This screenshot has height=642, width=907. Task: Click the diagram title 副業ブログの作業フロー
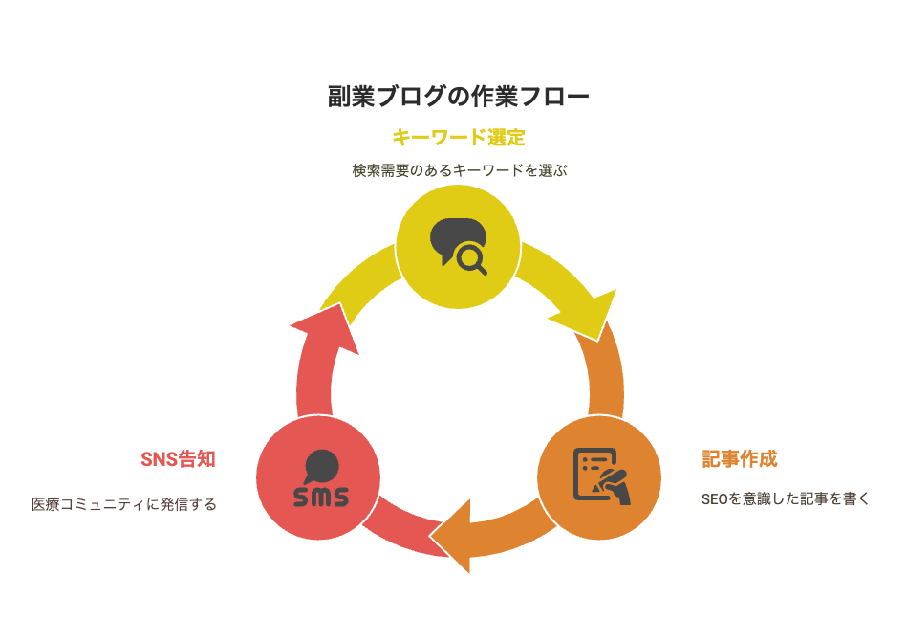click(458, 96)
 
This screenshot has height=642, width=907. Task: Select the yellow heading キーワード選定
click(459, 138)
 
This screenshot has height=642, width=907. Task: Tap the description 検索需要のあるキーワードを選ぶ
click(460, 170)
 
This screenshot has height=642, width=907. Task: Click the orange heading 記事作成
click(739, 459)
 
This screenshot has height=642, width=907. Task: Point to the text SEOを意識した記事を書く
click(785, 498)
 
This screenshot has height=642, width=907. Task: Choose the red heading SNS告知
click(178, 459)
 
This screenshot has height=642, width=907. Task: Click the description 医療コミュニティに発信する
click(124, 504)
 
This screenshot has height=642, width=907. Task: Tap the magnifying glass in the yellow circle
click(471, 258)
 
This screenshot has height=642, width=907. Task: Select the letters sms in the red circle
click(321, 497)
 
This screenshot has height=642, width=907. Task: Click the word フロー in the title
click(554, 96)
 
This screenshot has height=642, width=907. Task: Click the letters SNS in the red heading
click(159, 459)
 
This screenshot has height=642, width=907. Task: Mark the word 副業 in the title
click(351, 96)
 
